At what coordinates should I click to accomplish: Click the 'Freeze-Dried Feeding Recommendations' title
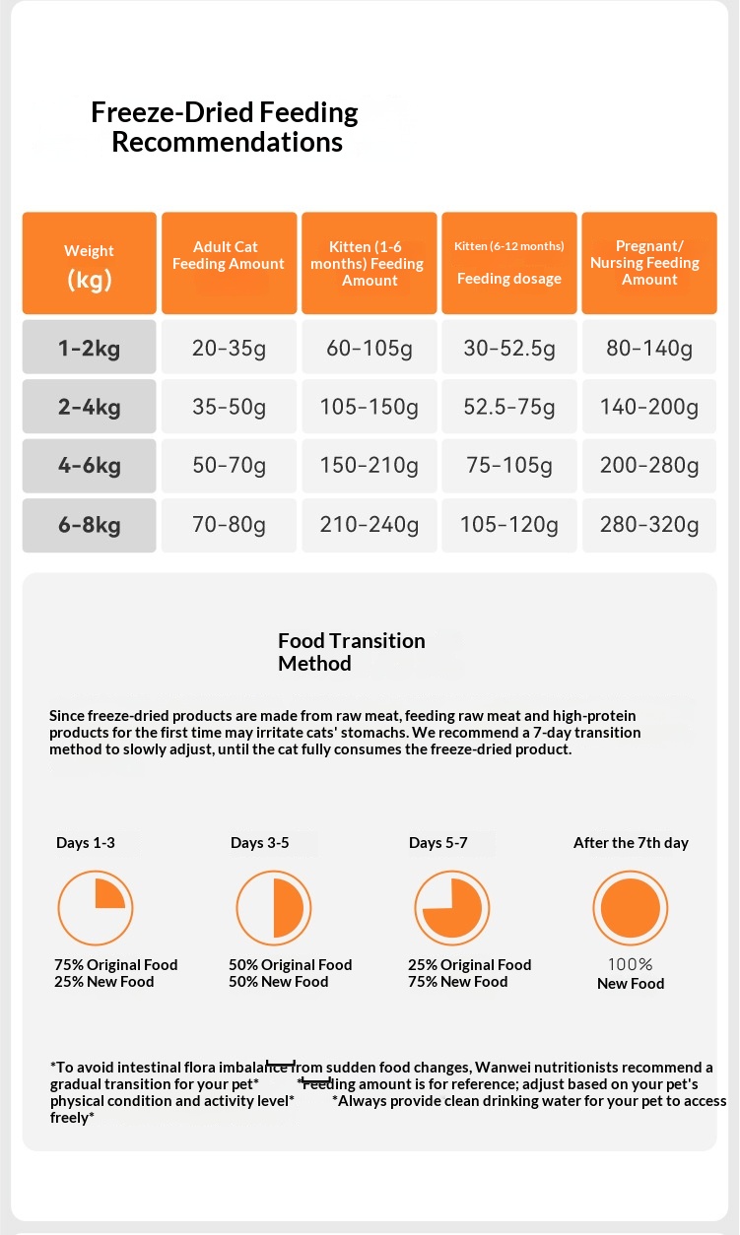(x=226, y=127)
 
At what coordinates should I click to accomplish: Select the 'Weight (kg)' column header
(x=90, y=264)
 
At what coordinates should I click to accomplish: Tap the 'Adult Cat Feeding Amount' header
(x=229, y=256)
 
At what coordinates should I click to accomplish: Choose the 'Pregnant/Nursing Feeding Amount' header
(x=649, y=263)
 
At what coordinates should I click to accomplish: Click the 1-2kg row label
(x=90, y=347)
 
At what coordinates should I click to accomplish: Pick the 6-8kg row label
(x=90, y=525)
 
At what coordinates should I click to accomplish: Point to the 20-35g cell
(x=229, y=348)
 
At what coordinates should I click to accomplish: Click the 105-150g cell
(x=370, y=407)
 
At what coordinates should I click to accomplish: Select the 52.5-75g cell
(x=509, y=407)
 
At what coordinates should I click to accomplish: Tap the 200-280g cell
(x=649, y=465)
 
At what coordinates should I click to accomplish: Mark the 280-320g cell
(x=649, y=525)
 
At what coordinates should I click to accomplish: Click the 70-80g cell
(x=229, y=525)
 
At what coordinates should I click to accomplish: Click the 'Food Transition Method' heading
(x=351, y=652)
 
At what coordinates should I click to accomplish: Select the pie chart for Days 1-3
(x=96, y=907)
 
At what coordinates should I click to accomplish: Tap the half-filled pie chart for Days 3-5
(x=274, y=907)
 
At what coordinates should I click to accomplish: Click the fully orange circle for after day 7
(x=631, y=907)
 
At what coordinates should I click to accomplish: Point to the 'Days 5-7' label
(x=438, y=843)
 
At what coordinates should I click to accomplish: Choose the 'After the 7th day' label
(x=631, y=843)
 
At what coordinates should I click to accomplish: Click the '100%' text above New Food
(x=631, y=965)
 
